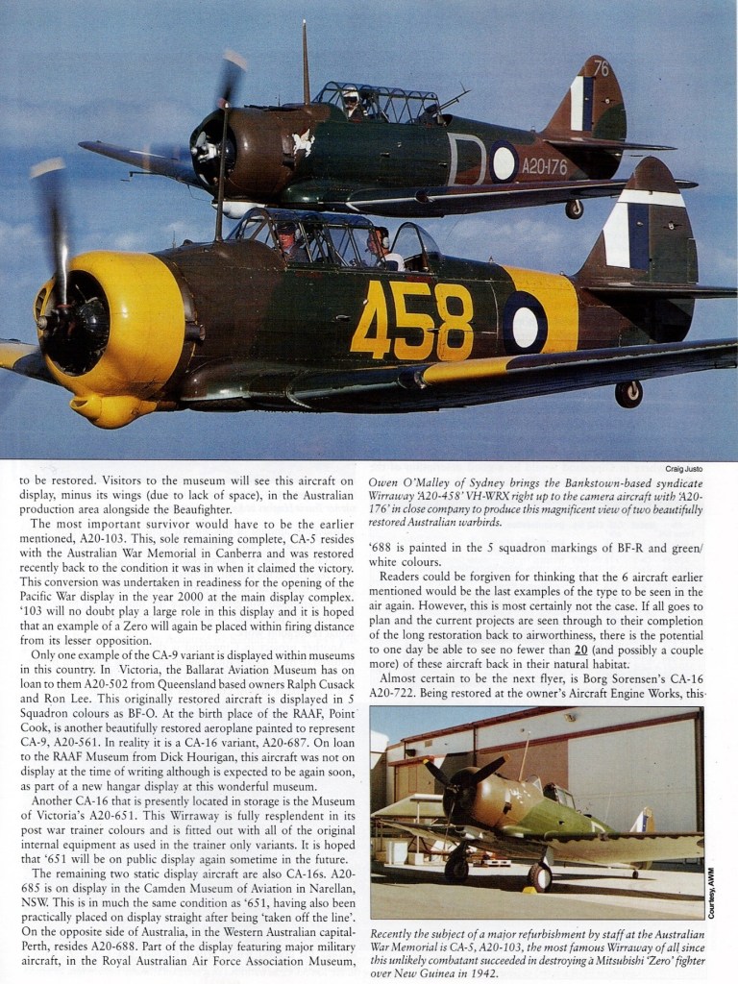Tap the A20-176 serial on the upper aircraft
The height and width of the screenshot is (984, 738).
click(544, 165)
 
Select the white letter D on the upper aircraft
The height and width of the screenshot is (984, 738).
click(465, 159)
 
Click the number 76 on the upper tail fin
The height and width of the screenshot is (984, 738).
click(601, 68)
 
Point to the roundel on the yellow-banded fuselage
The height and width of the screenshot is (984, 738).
click(525, 323)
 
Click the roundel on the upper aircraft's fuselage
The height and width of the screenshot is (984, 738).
click(504, 161)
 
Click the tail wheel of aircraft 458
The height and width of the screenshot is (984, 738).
click(628, 393)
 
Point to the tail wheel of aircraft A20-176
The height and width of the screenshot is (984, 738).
click(574, 209)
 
